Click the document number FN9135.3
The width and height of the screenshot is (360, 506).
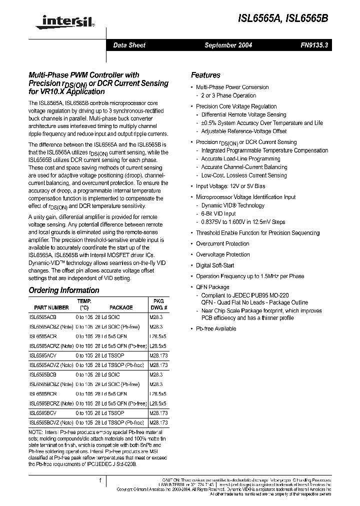pyautogui.click(x=313, y=45)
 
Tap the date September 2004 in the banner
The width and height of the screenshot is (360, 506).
pyautogui.click(x=228, y=45)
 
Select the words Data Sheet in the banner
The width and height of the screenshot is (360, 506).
pyautogui.click(x=129, y=45)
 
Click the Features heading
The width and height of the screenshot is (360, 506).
pyautogui.click(x=205, y=75)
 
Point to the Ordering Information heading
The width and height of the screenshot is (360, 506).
pyautogui.click(x=64, y=290)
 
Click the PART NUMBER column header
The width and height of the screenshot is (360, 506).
pyautogui.click(x=51, y=307)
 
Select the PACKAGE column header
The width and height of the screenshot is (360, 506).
pyautogui.click(x=121, y=307)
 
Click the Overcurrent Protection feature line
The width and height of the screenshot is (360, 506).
pyautogui.click(x=222, y=243)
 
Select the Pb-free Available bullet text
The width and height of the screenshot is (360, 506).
pyautogui.click(x=216, y=328)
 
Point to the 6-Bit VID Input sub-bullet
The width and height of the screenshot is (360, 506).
pyautogui.click(x=218, y=213)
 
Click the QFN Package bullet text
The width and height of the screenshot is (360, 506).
pyautogui.click(x=212, y=287)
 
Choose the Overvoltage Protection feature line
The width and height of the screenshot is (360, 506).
pyautogui.click(x=222, y=254)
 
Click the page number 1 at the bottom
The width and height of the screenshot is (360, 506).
pyautogui.click(x=100, y=480)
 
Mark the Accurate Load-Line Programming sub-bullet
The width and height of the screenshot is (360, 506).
pyautogui.click(x=240, y=159)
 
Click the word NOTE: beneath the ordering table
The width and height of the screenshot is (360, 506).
pyautogui.click(x=36, y=431)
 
